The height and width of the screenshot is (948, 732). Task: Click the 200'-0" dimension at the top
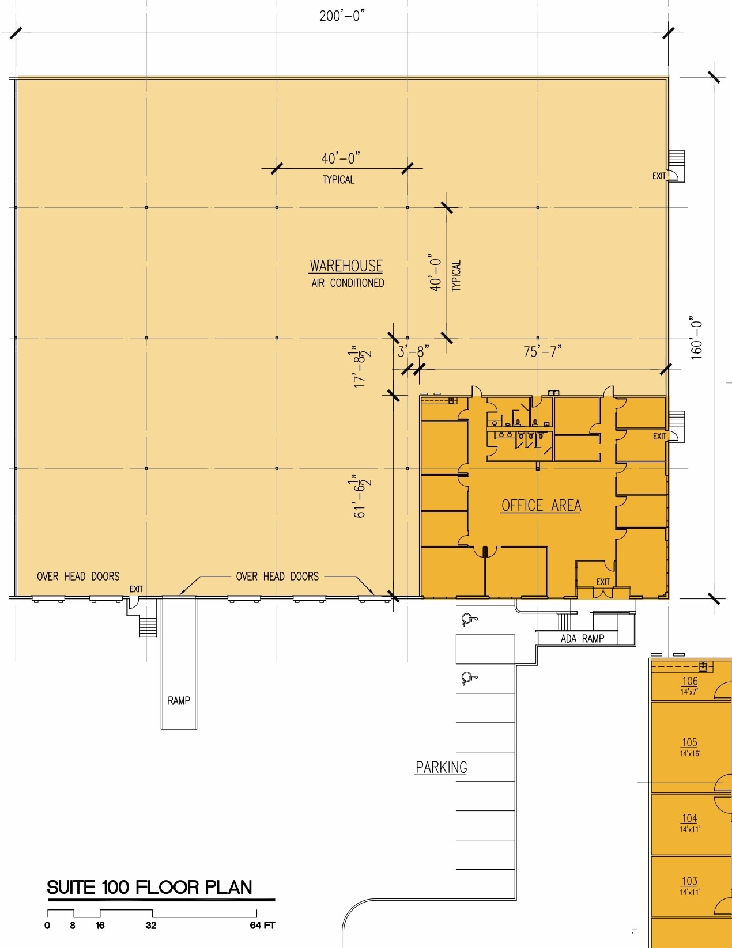tap(342, 16)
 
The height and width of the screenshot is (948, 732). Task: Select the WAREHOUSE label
tap(346, 266)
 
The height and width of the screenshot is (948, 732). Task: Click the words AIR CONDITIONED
tap(348, 283)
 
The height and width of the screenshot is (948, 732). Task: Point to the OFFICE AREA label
tap(541, 506)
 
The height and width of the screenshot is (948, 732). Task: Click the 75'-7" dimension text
tap(542, 351)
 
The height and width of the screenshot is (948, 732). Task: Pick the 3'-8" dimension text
tap(413, 351)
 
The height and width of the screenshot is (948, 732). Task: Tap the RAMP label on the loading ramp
tap(179, 701)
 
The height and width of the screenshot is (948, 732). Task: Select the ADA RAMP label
tap(582, 638)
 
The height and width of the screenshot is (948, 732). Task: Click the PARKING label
tap(441, 768)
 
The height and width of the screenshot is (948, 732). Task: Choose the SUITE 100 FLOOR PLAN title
tap(149, 888)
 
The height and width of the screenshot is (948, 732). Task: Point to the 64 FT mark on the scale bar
tap(262, 925)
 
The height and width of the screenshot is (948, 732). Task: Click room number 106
tap(689, 681)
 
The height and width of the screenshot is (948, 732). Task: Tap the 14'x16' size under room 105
tap(689, 753)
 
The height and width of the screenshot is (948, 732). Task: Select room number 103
tap(689, 881)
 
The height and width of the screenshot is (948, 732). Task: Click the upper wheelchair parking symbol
tap(469, 620)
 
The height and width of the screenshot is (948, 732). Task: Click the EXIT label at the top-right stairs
tap(659, 176)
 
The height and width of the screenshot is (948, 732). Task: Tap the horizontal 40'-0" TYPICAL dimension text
tap(340, 158)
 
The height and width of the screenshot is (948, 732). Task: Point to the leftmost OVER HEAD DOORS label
tap(78, 577)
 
